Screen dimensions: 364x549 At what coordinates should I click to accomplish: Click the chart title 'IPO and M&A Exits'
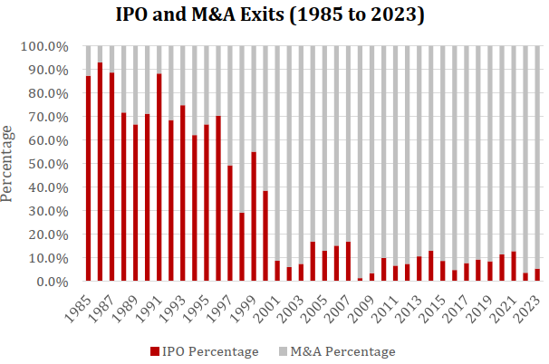(274, 15)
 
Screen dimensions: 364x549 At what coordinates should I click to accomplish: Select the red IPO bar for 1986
(100, 172)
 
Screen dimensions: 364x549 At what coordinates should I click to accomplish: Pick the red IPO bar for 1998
(242, 247)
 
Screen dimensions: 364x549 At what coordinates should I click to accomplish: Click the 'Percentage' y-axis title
(8, 163)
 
